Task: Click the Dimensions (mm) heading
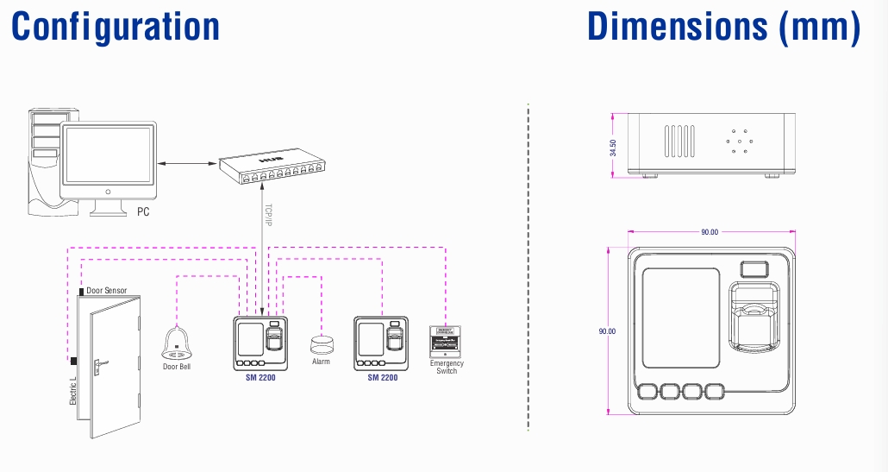[x=723, y=26]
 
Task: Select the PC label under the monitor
[x=143, y=211]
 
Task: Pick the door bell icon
[x=177, y=343]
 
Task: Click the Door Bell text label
[x=177, y=367]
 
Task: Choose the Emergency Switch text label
[x=447, y=367]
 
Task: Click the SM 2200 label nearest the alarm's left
[x=261, y=378]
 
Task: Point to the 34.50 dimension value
[x=613, y=148]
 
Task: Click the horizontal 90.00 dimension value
[x=709, y=232]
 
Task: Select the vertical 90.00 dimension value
[x=611, y=330]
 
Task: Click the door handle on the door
[x=99, y=364]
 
